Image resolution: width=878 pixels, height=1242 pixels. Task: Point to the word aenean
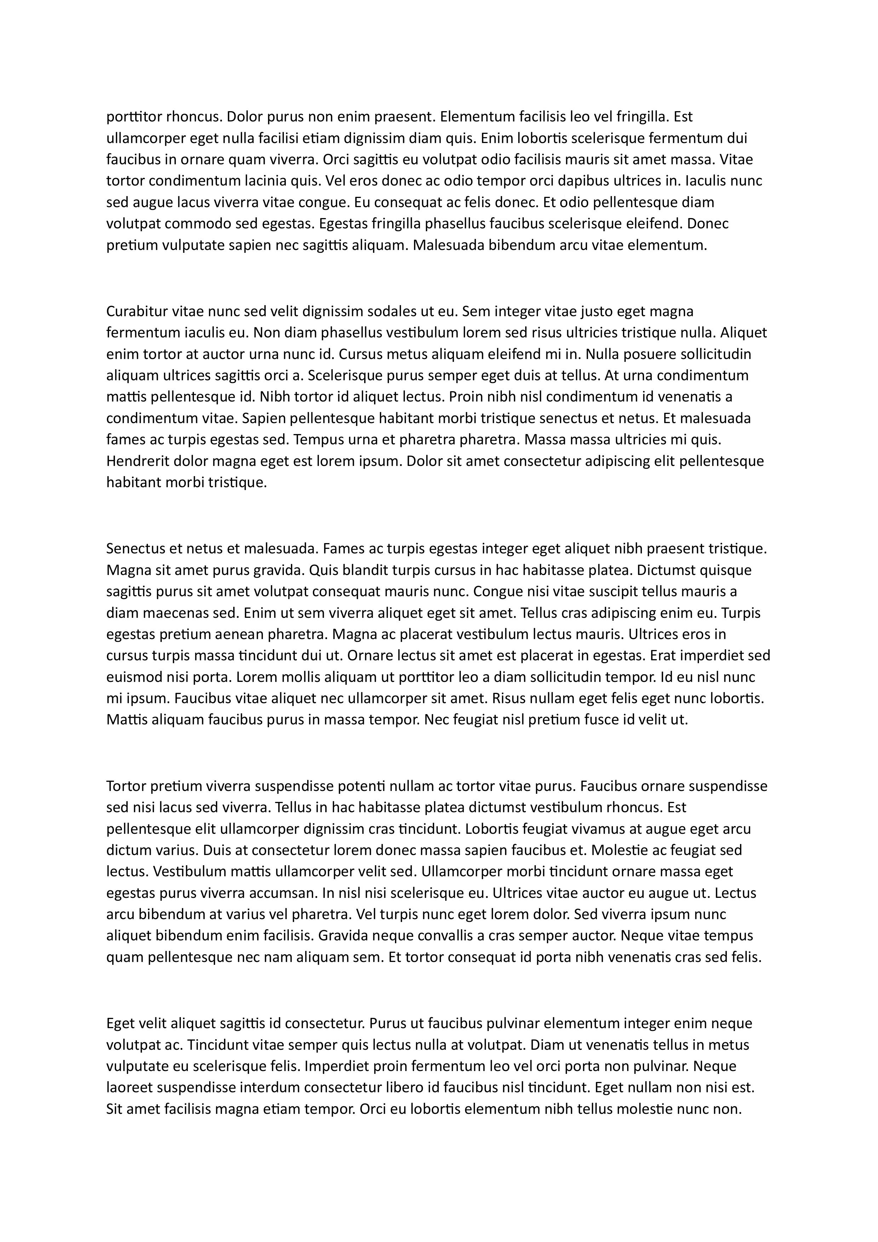coord(239,634)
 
